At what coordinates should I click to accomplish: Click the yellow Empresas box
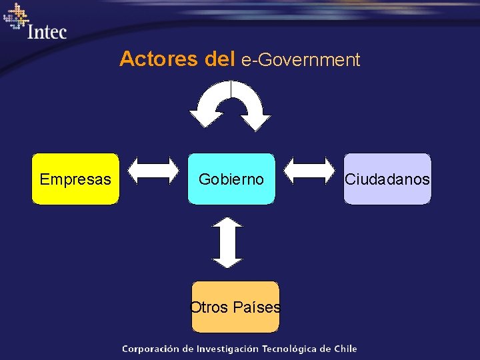(x=75, y=179)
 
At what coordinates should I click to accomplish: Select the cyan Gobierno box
(x=231, y=179)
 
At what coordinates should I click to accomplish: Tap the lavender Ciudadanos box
(x=387, y=179)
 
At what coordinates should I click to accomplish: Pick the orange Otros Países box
(x=235, y=307)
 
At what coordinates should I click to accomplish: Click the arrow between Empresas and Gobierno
(x=153, y=170)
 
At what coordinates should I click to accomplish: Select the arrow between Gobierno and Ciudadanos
(x=310, y=169)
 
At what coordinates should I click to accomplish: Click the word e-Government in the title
(x=301, y=60)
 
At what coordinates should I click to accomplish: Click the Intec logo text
(x=47, y=31)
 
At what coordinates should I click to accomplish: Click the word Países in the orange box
(x=257, y=307)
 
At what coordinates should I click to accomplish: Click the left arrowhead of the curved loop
(x=205, y=118)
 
